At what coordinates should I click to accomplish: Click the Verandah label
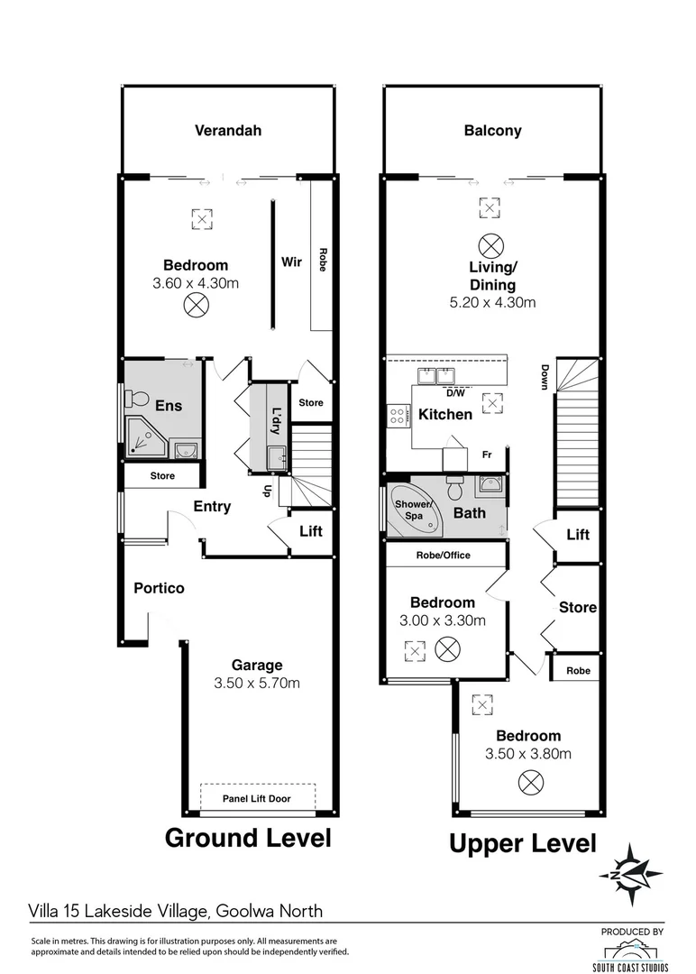point(228,131)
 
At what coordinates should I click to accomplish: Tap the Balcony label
point(492,131)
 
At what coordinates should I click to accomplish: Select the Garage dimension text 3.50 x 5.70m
point(257,683)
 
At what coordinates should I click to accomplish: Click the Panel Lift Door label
point(257,799)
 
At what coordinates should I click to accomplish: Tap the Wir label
point(291,262)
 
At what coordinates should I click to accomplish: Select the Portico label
point(159,588)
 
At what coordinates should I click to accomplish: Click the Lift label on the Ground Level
point(311,531)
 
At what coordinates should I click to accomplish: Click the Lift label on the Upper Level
point(578,535)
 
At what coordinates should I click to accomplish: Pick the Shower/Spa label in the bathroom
point(413,509)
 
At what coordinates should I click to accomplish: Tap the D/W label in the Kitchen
point(455,393)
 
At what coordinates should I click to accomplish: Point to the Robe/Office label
point(442,556)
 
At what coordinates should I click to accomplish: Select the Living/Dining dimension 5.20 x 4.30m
point(492,303)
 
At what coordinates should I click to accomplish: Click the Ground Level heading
point(247,838)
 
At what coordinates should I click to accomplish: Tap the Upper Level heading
point(523,844)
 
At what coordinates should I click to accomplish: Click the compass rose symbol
point(631,873)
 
